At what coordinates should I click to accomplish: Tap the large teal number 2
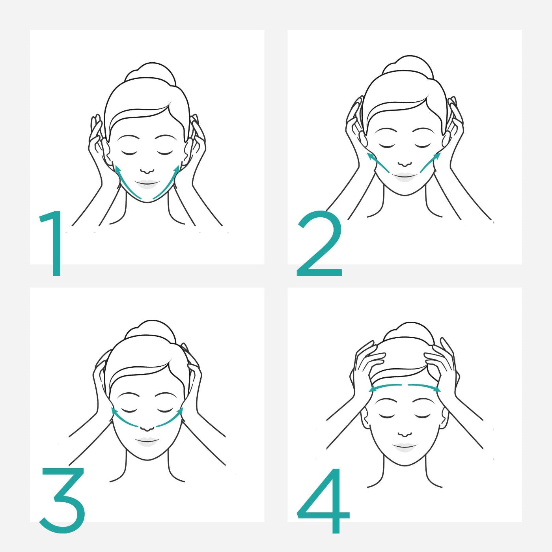319,244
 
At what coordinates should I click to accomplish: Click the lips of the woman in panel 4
405,446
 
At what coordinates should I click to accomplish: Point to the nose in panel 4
405,434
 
